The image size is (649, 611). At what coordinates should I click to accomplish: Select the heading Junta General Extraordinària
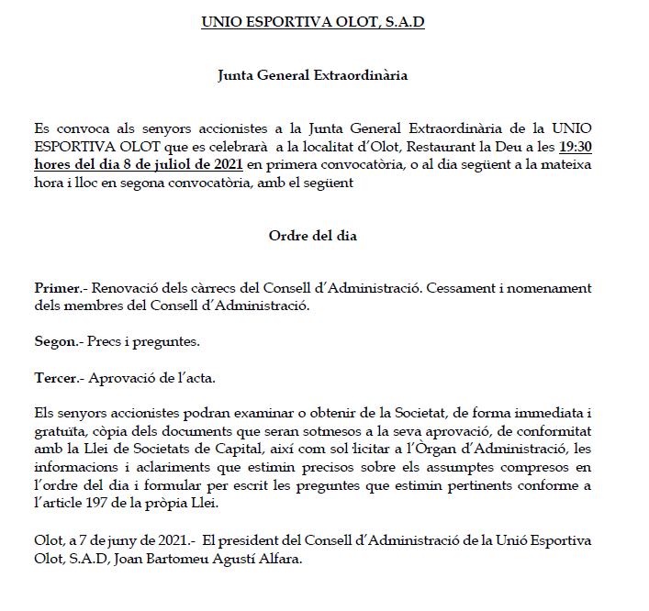[312, 76]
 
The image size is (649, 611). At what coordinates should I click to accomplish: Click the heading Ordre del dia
[312, 236]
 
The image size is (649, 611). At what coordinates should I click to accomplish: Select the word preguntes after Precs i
[168, 342]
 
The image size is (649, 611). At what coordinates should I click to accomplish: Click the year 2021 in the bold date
[224, 166]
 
